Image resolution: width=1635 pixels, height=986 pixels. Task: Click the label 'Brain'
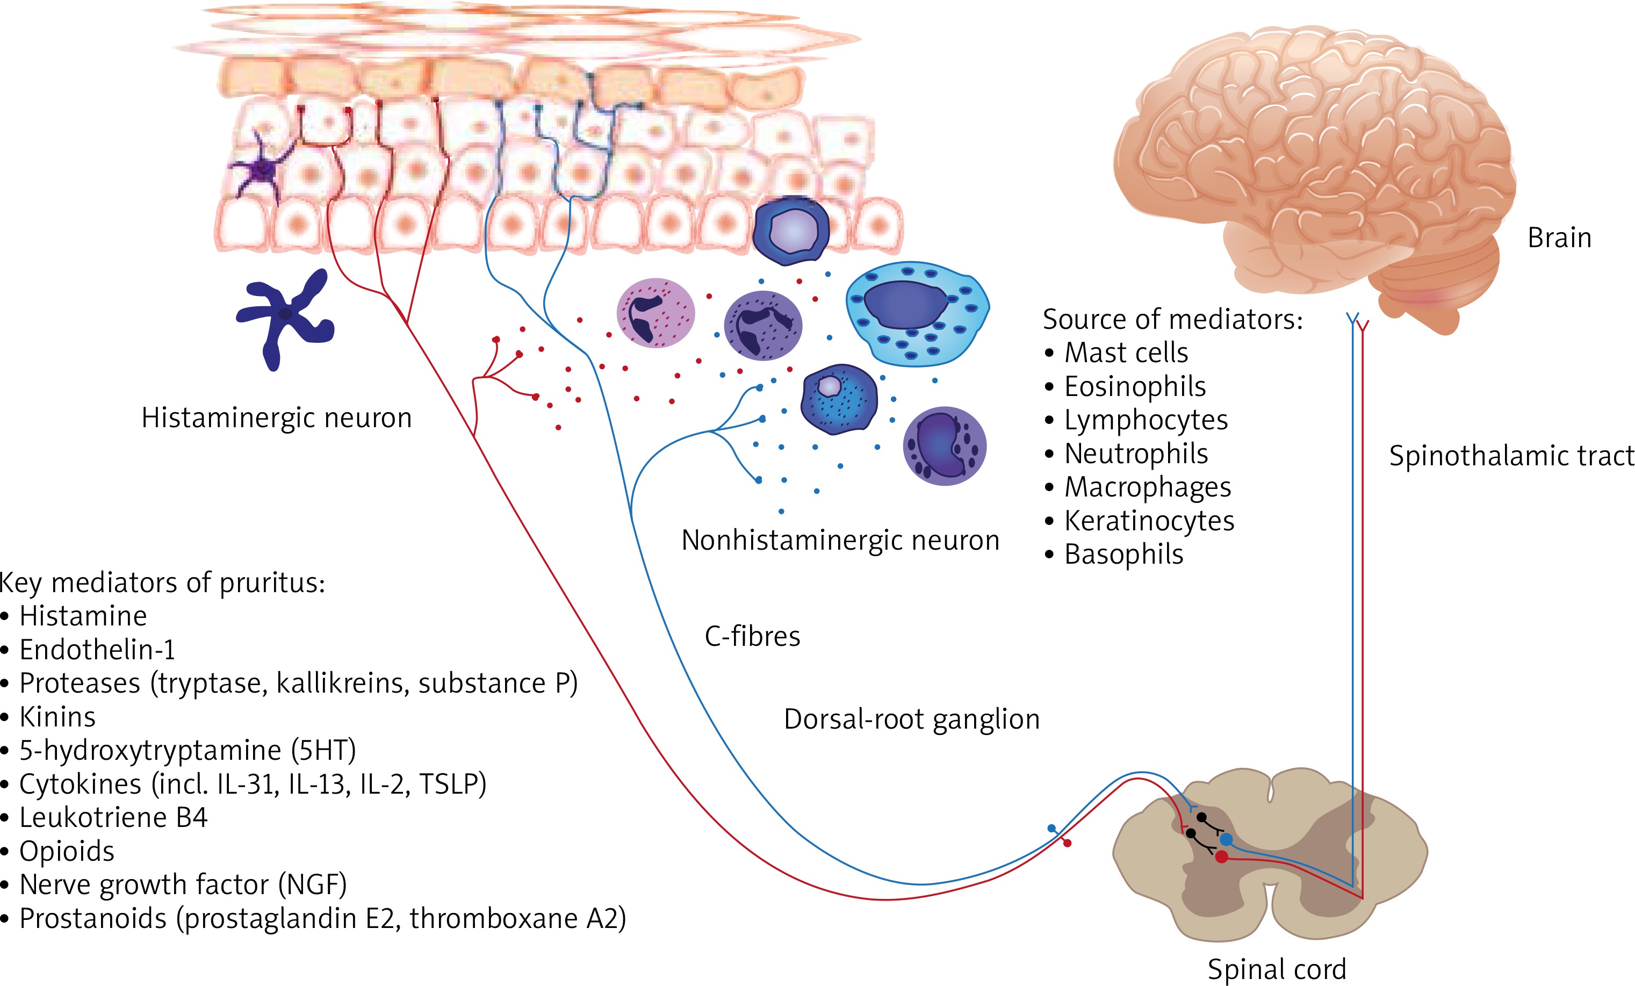click(x=1559, y=237)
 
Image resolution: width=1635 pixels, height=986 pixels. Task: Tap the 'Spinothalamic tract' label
click(x=1511, y=456)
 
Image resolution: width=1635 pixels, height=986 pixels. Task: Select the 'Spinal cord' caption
click(x=1277, y=969)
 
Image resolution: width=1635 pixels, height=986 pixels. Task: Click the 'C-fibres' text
click(x=752, y=636)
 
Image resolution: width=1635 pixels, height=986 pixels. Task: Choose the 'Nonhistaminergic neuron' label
click(x=839, y=540)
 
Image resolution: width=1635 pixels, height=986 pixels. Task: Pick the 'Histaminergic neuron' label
click(x=277, y=418)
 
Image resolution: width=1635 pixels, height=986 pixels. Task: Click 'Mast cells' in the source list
click(x=1126, y=352)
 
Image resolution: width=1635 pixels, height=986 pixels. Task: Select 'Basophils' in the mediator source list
click(x=1123, y=554)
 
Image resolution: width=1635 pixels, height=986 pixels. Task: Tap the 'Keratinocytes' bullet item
click(x=1149, y=520)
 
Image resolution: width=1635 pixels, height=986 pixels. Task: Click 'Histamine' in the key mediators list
click(x=83, y=616)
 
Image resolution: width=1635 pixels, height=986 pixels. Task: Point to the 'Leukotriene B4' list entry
click(x=113, y=817)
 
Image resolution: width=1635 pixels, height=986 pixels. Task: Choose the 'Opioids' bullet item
click(x=66, y=851)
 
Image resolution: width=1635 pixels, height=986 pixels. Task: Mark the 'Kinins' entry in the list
click(x=57, y=717)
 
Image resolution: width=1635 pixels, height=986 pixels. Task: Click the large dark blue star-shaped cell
click(x=285, y=315)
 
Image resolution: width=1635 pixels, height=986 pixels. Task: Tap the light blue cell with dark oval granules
click(x=917, y=312)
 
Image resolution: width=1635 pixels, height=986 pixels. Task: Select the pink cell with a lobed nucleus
click(x=655, y=313)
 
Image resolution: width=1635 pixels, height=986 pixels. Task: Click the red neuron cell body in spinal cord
click(x=1222, y=857)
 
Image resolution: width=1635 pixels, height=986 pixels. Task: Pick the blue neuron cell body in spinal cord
click(x=1226, y=839)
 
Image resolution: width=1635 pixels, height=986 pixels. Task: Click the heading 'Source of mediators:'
click(x=1172, y=319)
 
